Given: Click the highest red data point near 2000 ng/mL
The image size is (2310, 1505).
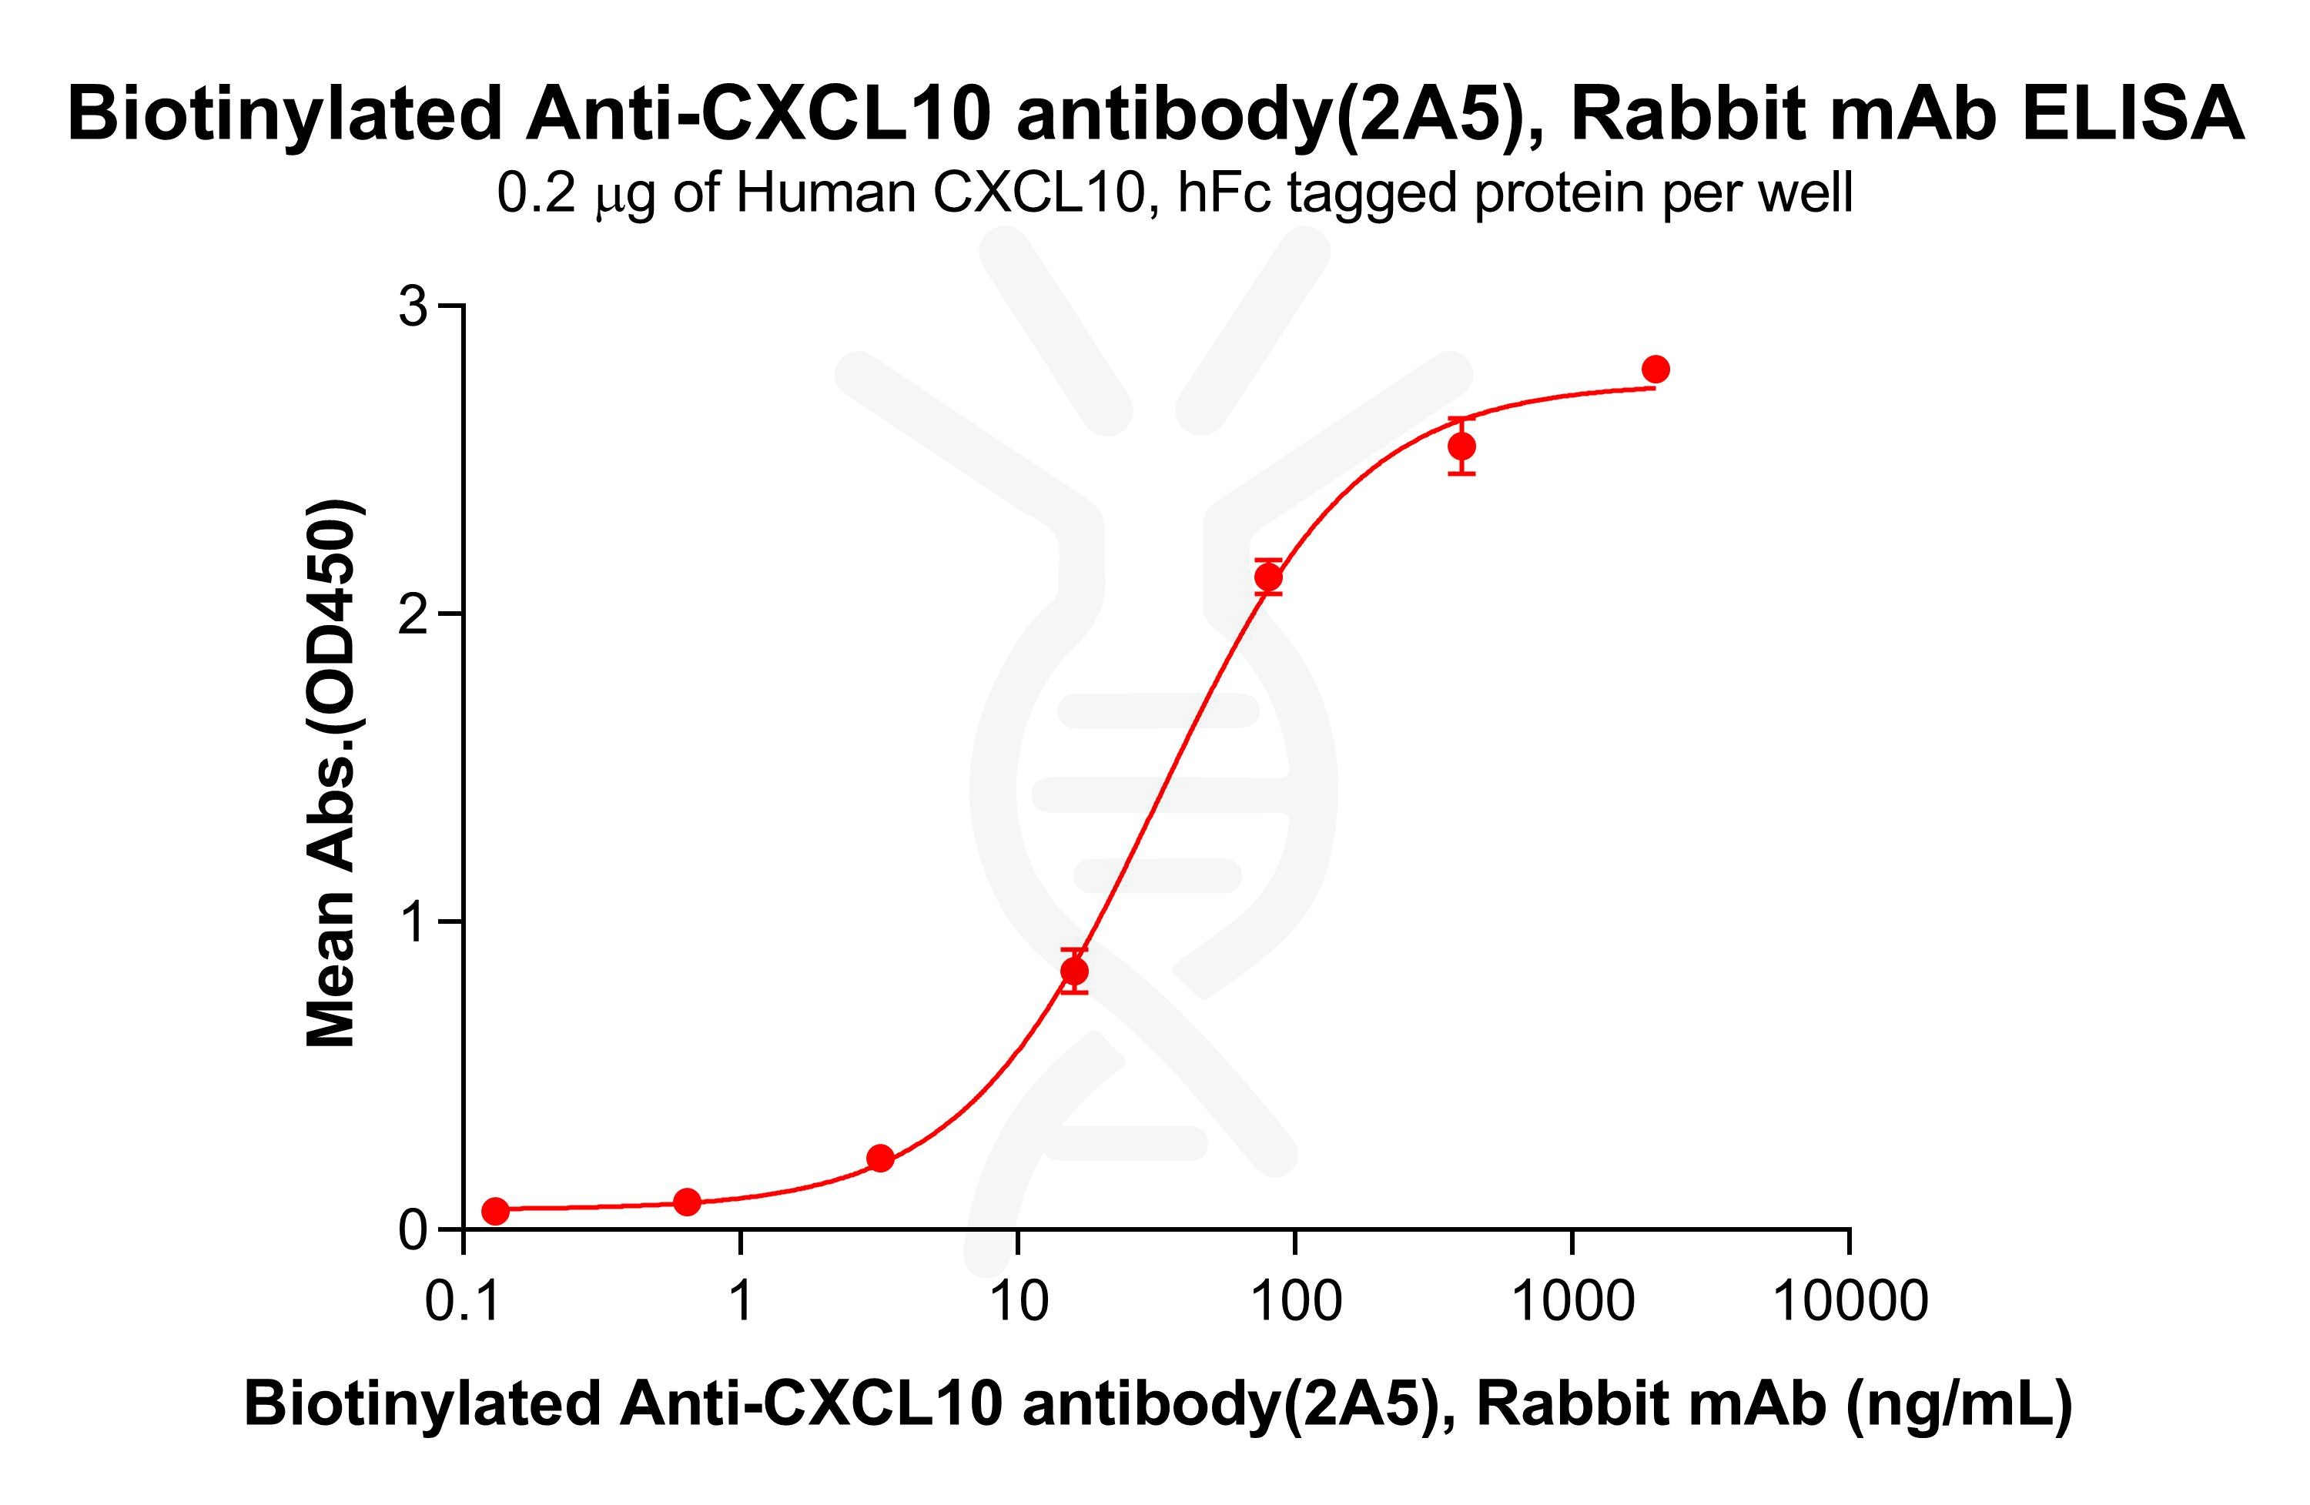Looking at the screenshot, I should tap(1655, 369).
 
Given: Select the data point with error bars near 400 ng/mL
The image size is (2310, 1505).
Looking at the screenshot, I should tap(1461, 446).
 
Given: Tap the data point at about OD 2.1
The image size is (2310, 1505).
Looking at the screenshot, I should tap(1268, 577).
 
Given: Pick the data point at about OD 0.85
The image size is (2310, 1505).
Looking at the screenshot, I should tap(1074, 970).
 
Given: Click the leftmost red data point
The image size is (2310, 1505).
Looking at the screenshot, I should tap(495, 1211).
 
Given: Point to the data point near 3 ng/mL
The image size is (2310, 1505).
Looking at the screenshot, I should tap(880, 1158).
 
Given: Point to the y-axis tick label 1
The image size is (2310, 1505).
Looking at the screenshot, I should tap(415, 921).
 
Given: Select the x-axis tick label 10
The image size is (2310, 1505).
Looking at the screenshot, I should tap(1018, 1300).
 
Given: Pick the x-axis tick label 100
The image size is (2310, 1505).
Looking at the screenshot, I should tap(1295, 1300).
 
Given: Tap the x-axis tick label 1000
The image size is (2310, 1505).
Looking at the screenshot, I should tap(1572, 1300).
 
